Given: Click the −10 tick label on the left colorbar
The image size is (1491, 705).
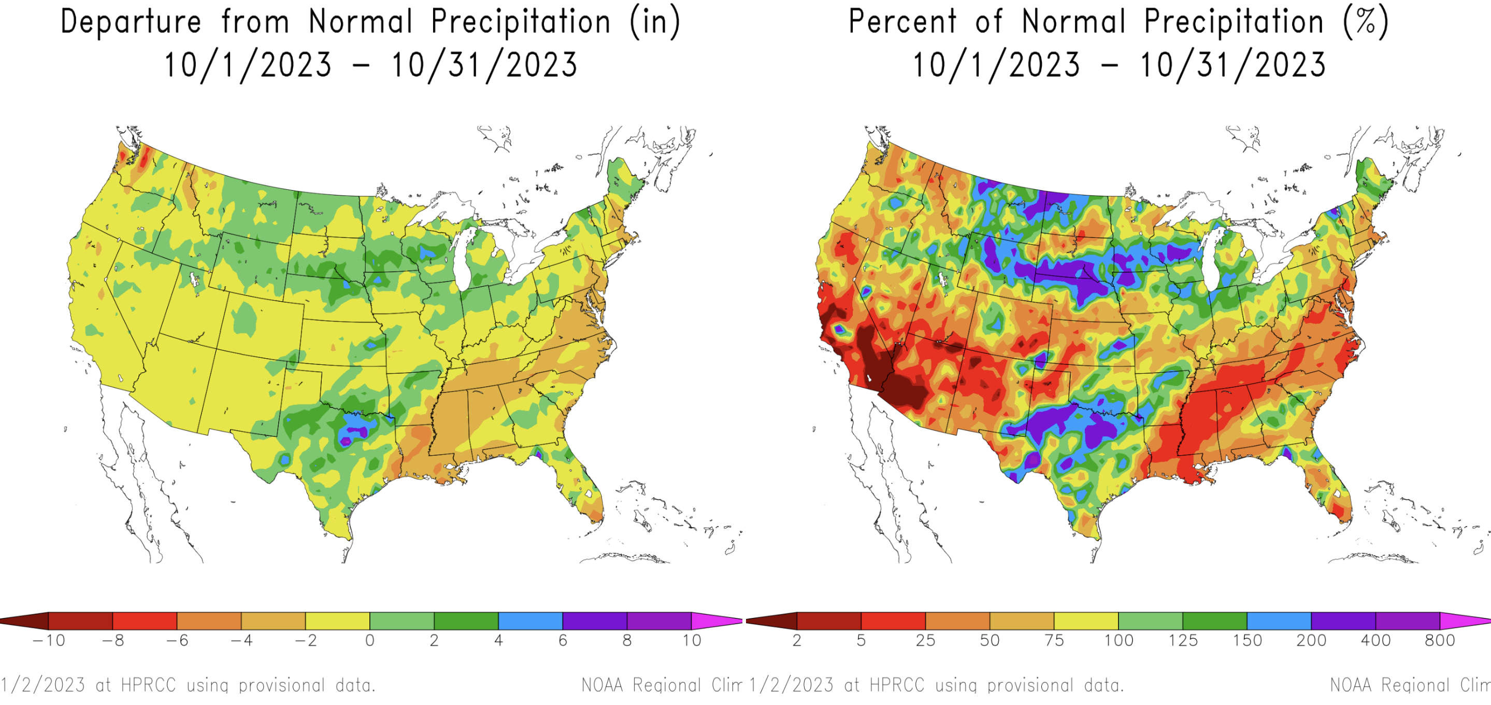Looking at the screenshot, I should pos(49,641).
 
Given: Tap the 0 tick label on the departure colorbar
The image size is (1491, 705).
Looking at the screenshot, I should pos(370,641).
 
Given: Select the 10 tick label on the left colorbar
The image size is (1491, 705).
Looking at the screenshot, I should pos(691,641).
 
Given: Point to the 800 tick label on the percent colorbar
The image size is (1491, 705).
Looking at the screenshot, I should pos(1440,641).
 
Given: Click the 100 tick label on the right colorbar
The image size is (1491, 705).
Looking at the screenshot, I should pos(1118,641).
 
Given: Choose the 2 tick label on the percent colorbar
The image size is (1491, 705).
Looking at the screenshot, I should pos(797,641).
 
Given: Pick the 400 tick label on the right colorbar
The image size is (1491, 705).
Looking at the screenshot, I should pos(1375,641).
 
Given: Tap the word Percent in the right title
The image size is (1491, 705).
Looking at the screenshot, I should pos(902,22).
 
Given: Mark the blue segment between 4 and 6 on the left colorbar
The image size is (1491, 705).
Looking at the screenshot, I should pos(530,621).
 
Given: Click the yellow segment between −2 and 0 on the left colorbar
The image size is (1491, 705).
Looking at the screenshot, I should pos(337,621).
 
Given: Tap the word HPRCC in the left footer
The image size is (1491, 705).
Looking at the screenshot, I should pos(148,685).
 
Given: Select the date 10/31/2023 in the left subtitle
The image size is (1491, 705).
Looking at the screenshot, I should pos(484,65).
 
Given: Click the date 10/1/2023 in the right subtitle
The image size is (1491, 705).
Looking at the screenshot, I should pos(996,65).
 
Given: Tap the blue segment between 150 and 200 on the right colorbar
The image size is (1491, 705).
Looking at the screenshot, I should pos(1279,621).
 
